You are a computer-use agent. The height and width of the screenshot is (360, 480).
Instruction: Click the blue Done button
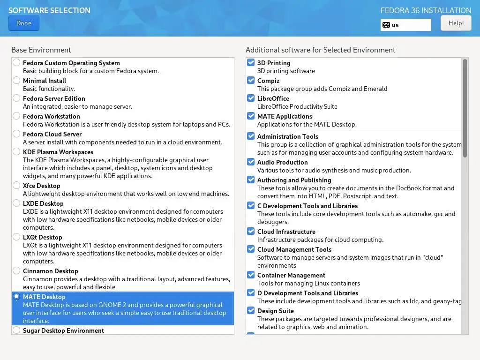[x=23, y=23]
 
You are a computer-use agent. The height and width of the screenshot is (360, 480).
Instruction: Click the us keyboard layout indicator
[x=405, y=25]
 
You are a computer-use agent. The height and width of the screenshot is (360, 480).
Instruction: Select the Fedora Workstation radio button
[x=17, y=116]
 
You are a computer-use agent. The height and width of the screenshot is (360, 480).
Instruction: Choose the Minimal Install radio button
[x=17, y=80]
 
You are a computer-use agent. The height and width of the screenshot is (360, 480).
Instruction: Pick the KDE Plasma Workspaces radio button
[x=17, y=151]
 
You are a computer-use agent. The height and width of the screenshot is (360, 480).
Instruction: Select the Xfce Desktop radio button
[x=17, y=185]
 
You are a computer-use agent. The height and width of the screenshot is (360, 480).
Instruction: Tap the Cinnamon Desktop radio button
[x=17, y=270]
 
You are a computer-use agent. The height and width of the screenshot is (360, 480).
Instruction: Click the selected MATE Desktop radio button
[x=17, y=296]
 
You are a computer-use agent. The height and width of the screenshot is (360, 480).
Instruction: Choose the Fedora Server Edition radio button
[x=17, y=98]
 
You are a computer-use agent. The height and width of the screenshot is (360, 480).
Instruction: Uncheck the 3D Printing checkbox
[x=251, y=62]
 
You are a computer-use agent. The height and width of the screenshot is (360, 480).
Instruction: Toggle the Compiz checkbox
[x=251, y=80]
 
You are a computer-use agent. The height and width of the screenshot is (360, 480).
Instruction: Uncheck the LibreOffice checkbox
[x=251, y=98]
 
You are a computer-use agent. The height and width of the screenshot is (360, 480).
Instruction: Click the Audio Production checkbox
[x=251, y=162]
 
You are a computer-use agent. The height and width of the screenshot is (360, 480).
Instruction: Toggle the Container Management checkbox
[x=251, y=275]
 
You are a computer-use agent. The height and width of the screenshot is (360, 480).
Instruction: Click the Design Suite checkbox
[x=251, y=310]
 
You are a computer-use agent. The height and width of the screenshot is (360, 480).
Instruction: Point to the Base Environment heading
[x=41, y=50]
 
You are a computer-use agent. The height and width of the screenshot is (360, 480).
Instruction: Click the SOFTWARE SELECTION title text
[x=49, y=10]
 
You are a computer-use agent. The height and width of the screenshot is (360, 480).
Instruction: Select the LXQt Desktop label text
[x=42, y=237]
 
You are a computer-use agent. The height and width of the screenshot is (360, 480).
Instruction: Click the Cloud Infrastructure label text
[x=286, y=232]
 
